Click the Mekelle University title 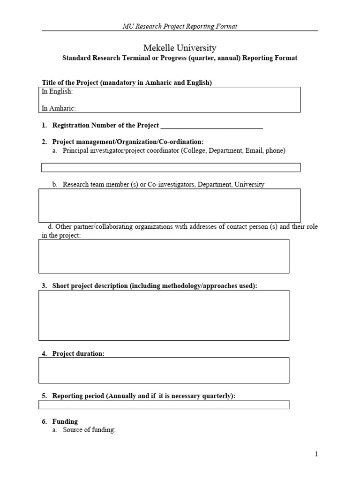[180, 48]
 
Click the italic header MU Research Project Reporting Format [180, 26]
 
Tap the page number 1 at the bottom [316, 454]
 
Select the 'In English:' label [58, 92]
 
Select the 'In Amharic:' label [59, 108]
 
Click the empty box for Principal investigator [171, 167]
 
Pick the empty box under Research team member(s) [171, 205]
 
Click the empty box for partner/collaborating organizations [164, 256]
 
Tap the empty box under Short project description [164, 315]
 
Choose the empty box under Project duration [164, 370]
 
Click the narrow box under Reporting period [164, 405]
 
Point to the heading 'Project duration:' [78, 354]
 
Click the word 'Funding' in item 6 [65, 421]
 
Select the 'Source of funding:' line [89, 430]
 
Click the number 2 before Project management [44, 142]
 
